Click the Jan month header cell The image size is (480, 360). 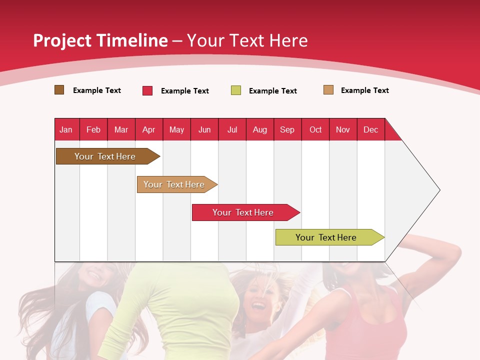point(66,129)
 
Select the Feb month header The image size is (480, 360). point(93,129)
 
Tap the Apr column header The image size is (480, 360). point(149,129)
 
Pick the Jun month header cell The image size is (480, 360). point(204,129)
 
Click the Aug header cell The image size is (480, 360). point(260,129)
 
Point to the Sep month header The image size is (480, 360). point(287,129)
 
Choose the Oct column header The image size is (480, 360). point(315,129)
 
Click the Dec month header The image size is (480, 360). point(371,129)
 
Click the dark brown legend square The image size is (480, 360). point(59,90)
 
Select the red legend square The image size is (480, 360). point(147,90)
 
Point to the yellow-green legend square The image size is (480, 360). point(236,90)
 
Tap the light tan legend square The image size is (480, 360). point(328,90)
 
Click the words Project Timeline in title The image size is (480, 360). point(100,40)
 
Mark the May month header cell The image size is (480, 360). point(176,129)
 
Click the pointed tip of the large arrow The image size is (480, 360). point(439,190)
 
